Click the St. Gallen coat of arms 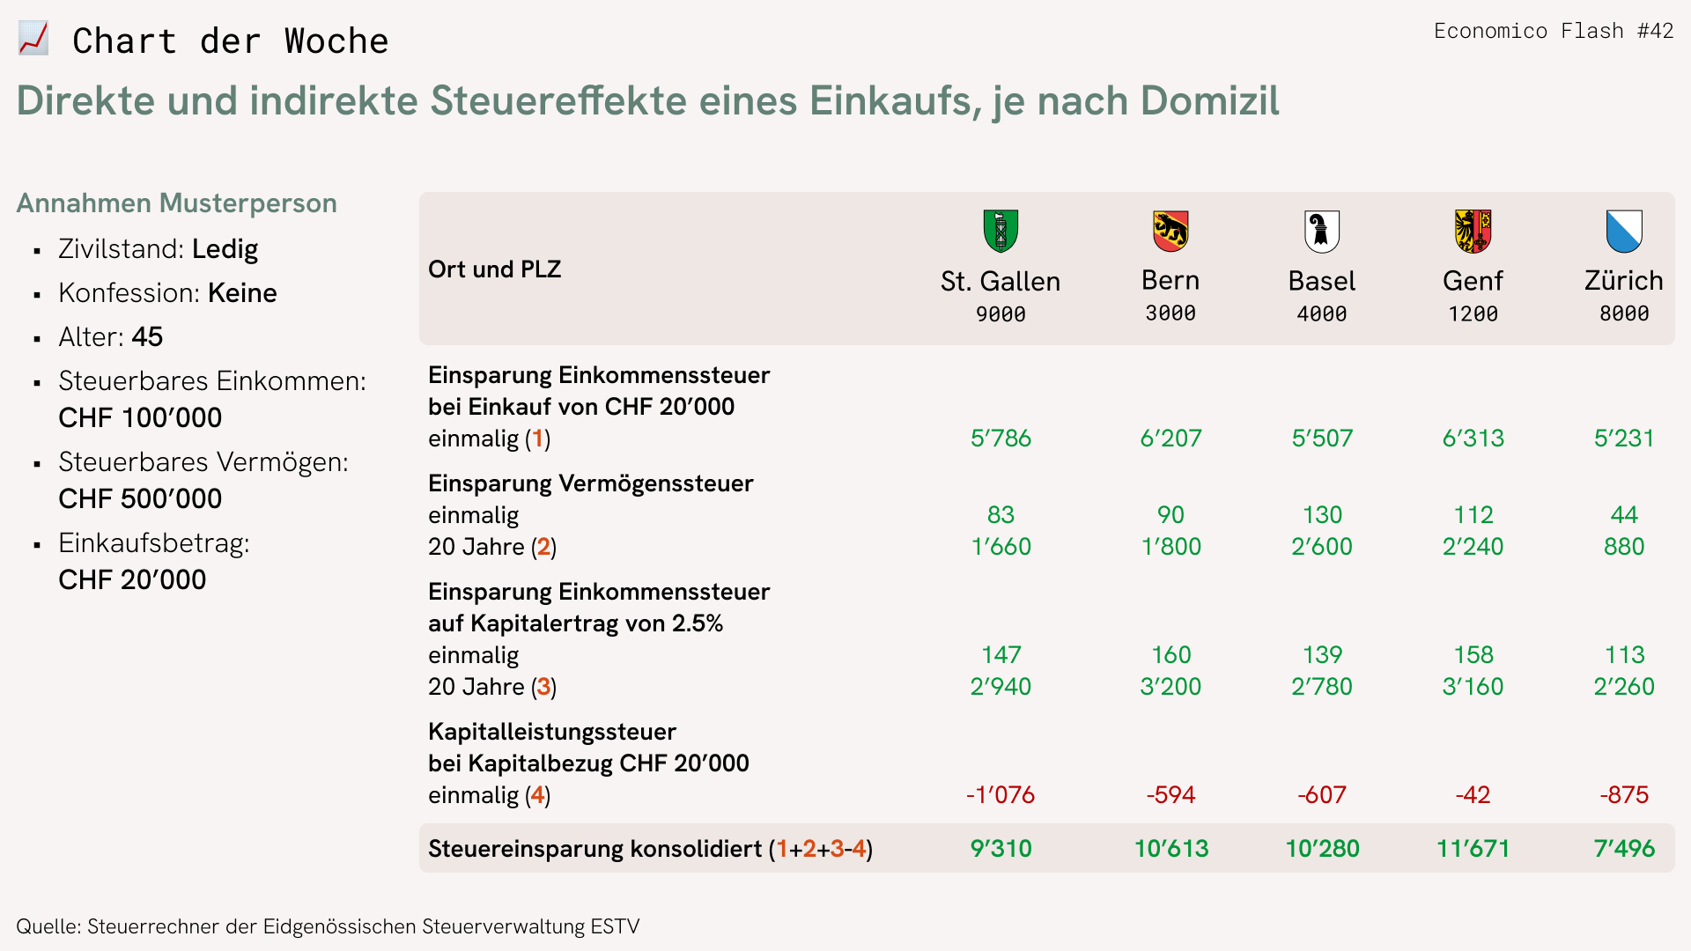coord(1001,231)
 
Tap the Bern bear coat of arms coord(1170,231)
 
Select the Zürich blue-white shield coord(1624,231)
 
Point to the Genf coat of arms coord(1473,231)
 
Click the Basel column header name coord(1321,281)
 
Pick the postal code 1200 coord(1473,313)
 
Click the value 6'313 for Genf coord(1473,438)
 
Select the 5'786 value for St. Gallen coord(1001,438)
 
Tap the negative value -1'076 coord(1001,794)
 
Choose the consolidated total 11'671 coord(1473,848)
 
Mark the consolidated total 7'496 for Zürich coord(1624,848)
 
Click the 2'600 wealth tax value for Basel coord(1321,546)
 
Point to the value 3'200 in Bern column coord(1170,686)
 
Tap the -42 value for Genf coord(1473,794)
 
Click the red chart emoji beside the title coord(33,39)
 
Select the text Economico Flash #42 coord(1554,31)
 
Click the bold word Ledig coord(225,249)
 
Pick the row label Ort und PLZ coord(494,269)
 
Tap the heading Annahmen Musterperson coord(176,203)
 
